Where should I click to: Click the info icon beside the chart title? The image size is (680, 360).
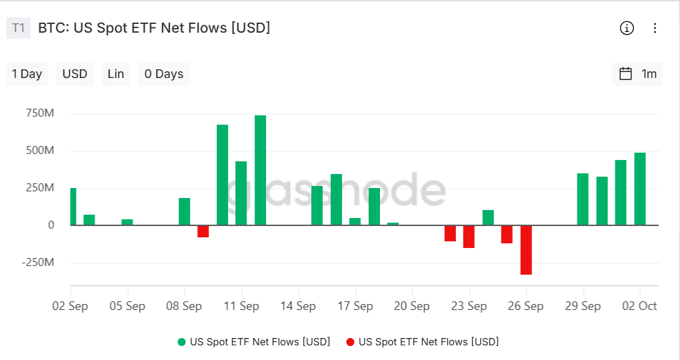click(627, 28)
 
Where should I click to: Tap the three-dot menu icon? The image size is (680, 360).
click(655, 28)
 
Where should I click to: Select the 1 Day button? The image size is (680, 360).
click(27, 74)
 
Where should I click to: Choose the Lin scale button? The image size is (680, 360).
click(116, 74)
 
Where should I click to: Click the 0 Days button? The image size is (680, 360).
click(164, 74)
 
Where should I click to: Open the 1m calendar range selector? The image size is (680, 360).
click(638, 74)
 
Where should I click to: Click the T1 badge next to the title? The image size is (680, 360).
click(19, 28)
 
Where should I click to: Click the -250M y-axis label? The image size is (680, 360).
click(38, 263)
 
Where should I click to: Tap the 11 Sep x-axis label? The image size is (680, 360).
click(241, 306)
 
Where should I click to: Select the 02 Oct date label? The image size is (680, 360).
click(640, 306)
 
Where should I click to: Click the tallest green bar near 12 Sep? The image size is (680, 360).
click(260, 170)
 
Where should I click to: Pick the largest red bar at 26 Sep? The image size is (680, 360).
click(526, 250)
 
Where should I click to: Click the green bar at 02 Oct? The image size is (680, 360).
click(640, 189)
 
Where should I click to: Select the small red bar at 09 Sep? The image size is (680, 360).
click(203, 231)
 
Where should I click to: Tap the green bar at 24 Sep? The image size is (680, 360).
click(488, 218)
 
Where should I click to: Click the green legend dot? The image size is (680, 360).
click(181, 342)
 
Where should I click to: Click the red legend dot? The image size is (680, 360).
click(350, 342)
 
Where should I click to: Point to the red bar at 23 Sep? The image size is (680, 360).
click(469, 237)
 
